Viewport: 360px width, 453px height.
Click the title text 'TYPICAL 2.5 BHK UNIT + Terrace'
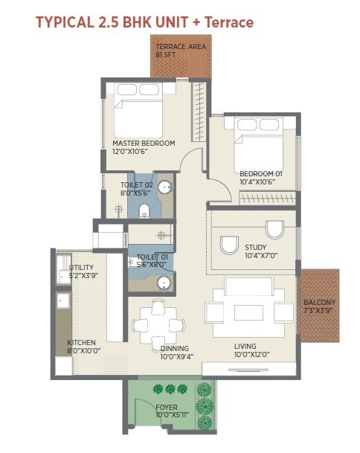(144, 22)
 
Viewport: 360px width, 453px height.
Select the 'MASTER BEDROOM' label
(144, 143)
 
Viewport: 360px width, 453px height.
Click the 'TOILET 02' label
(137, 184)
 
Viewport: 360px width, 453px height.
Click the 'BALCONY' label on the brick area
(319, 303)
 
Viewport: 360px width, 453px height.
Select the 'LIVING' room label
(245, 347)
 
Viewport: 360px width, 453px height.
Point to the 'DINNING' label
(174, 348)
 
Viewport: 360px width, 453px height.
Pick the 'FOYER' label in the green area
(167, 407)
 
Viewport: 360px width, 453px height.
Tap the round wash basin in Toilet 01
(163, 283)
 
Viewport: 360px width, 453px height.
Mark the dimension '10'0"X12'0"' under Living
(245, 356)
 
